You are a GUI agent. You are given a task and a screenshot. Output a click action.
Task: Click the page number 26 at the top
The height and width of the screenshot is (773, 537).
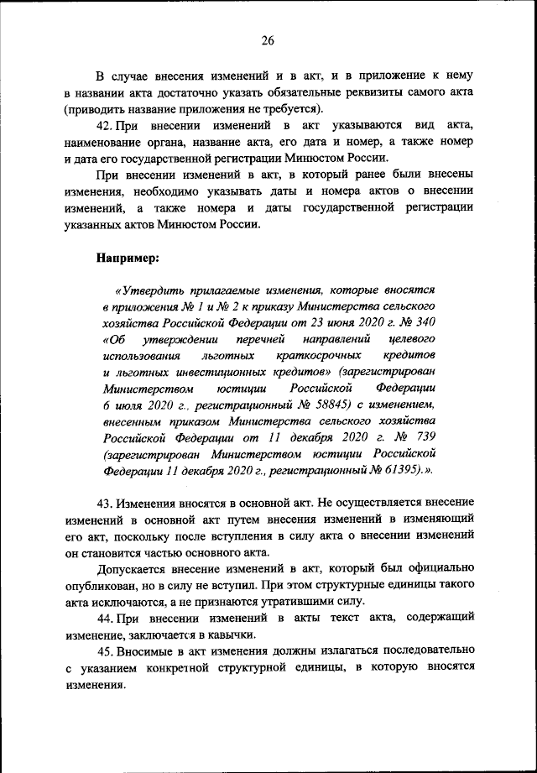(268, 39)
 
